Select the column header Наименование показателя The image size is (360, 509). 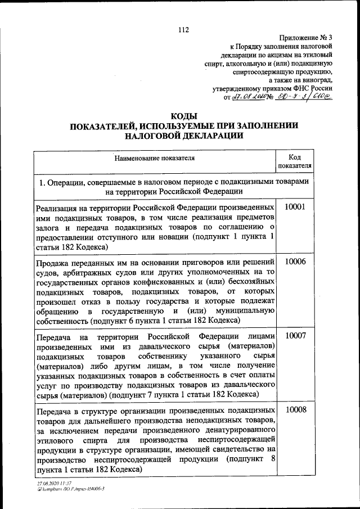(155, 158)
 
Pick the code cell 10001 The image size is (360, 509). (295, 207)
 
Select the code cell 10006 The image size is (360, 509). (295, 262)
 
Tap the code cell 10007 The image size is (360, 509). (295, 336)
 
